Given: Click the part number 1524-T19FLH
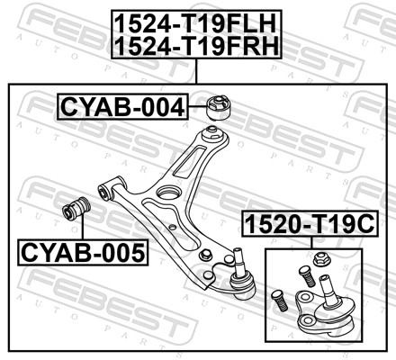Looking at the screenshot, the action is [195, 24].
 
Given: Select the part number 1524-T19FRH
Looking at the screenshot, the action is [197, 46].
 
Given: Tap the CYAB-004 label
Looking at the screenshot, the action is [122, 107].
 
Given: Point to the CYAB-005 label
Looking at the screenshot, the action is [83, 253].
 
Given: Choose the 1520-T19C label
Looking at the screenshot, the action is [310, 224].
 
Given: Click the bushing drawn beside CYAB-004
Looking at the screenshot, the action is [220, 107].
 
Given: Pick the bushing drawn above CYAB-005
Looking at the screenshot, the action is [76, 208].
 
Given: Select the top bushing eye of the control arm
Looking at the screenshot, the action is [213, 132].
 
